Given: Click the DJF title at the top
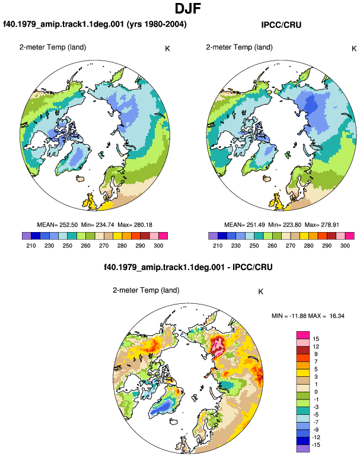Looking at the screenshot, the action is click(188, 8).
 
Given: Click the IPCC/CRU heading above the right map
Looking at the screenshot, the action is click(281, 25).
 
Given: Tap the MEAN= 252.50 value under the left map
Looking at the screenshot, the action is click(58, 225).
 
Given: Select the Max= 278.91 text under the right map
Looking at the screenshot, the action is click(321, 225).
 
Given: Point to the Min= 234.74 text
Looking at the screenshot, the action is click(98, 225).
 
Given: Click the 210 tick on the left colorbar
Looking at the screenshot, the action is click(31, 245).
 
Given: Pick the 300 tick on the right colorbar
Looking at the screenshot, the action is click(345, 245).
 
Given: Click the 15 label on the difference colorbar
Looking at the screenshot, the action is click(316, 339).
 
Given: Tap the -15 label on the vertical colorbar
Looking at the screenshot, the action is click(316, 445).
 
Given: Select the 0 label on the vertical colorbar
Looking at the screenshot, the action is click(316, 392).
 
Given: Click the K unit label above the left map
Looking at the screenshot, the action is click(167, 49).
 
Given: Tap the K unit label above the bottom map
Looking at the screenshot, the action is click(261, 291).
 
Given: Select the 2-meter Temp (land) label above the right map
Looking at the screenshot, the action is click(239, 47).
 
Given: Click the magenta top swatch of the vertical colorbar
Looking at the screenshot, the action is click(303, 335).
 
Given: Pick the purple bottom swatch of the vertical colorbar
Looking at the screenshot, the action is click(303, 449).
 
